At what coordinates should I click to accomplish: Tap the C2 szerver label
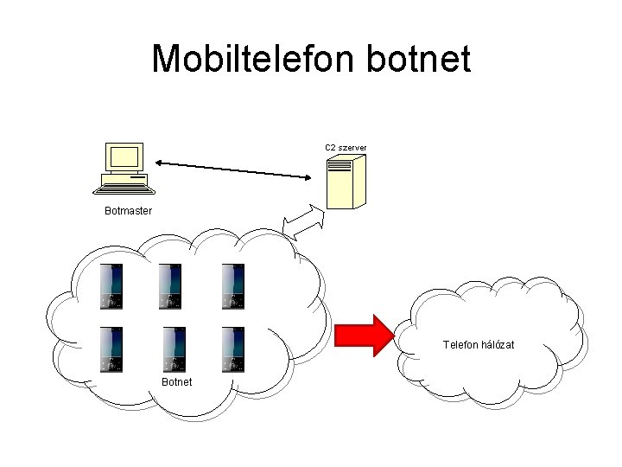[x=346, y=148]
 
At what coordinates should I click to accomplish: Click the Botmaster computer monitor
[x=123, y=158]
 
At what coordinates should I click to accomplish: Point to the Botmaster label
[x=128, y=211]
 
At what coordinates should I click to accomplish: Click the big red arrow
[x=364, y=335]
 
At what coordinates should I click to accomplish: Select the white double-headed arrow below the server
[x=302, y=222]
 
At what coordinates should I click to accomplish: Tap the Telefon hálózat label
[x=478, y=344]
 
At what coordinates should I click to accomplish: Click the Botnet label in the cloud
[x=176, y=382]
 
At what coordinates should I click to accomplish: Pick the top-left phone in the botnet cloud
[x=111, y=285]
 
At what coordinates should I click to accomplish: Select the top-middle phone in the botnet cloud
[x=171, y=285]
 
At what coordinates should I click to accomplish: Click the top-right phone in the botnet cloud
[x=232, y=285]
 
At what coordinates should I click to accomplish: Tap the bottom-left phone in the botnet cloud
[x=111, y=349]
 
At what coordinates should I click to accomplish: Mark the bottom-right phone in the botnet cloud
[x=232, y=349]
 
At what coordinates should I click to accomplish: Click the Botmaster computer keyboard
[x=126, y=184]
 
